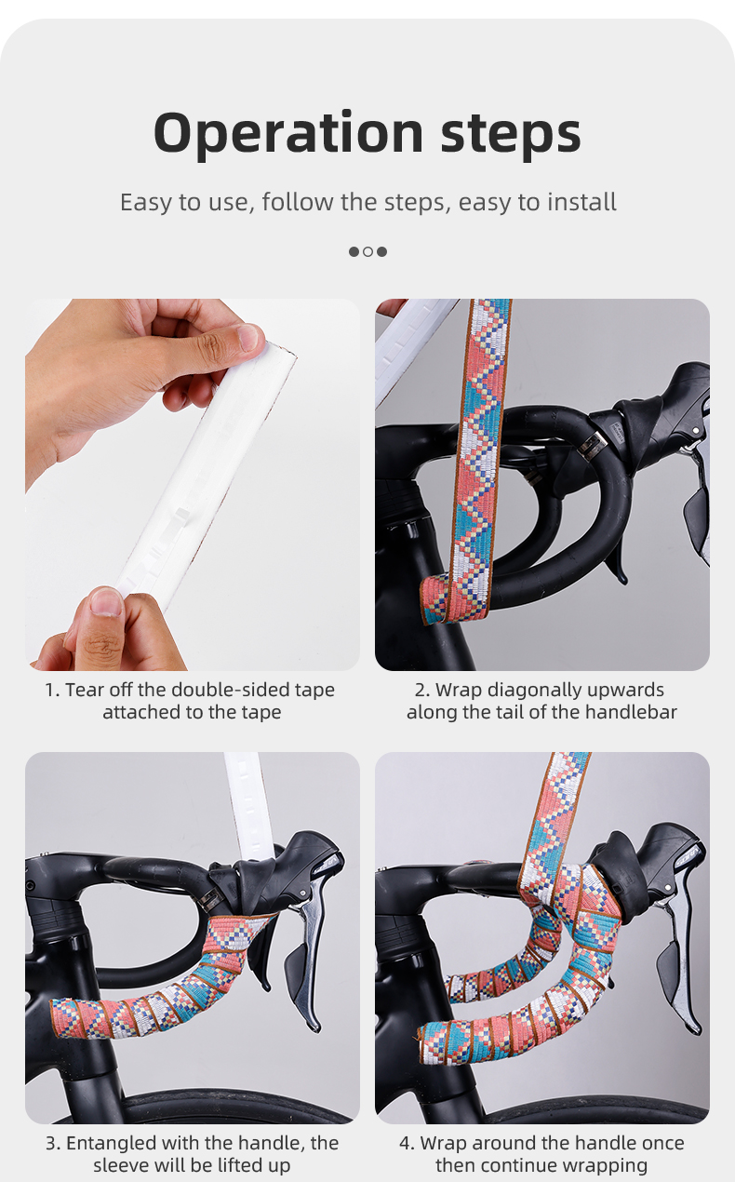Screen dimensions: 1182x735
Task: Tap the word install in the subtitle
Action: tap(581, 202)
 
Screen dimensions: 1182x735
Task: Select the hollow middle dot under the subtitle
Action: tap(367, 251)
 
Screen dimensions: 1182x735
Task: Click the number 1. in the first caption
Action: tap(52, 691)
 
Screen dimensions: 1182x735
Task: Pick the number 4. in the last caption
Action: tap(408, 1143)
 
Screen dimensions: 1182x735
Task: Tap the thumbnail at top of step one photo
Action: tap(249, 337)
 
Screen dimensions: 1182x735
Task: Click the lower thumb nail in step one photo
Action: tap(106, 603)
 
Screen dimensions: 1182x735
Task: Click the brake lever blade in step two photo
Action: tap(700, 521)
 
